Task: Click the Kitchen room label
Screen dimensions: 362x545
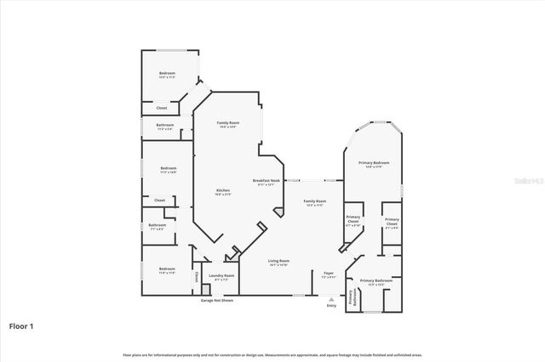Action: pyautogui.click(x=222, y=191)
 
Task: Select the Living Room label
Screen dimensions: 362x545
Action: pyautogui.click(x=278, y=262)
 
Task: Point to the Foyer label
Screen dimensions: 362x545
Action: pyautogui.click(x=328, y=274)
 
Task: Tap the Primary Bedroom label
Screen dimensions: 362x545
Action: pyautogui.click(x=374, y=163)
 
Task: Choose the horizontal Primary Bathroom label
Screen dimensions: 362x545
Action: pyautogui.click(x=376, y=281)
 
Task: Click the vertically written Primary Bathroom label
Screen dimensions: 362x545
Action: pyautogui.click(x=351, y=298)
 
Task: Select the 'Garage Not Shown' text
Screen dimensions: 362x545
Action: pyautogui.click(x=216, y=301)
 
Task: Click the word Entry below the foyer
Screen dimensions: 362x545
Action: pyautogui.click(x=331, y=306)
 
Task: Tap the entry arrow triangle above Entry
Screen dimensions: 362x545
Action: pyautogui.click(x=331, y=299)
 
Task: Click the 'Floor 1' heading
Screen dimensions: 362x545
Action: pyautogui.click(x=21, y=325)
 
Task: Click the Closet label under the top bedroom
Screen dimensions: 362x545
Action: pyautogui.click(x=161, y=109)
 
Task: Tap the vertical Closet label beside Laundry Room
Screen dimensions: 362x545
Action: pyautogui.click(x=196, y=276)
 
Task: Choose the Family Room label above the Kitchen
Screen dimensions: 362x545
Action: pyautogui.click(x=228, y=124)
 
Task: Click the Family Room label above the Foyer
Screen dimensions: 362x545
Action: pyautogui.click(x=315, y=202)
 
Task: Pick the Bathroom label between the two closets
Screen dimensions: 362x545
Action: pyautogui.click(x=158, y=226)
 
